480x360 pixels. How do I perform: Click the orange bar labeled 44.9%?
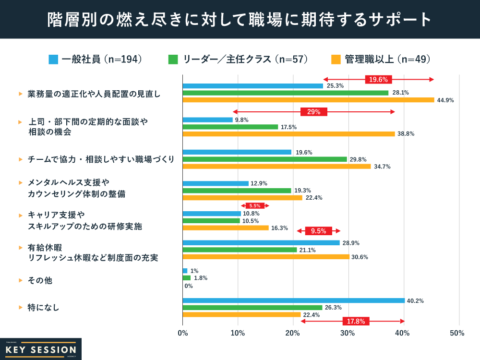(x=308, y=100)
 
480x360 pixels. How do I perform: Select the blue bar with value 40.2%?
(x=293, y=300)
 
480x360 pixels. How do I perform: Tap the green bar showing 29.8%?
(x=264, y=159)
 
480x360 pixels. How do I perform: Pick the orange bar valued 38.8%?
(x=288, y=134)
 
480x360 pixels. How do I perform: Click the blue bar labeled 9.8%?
(x=207, y=120)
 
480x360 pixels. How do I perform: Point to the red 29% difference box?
(x=314, y=112)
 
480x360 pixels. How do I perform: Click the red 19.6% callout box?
(x=379, y=80)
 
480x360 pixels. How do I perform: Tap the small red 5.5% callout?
(x=255, y=205)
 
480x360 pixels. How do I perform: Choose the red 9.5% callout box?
(x=318, y=231)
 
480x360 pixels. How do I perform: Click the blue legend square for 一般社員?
(x=53, y=60)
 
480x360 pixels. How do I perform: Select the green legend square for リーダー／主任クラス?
(x=173, y=60)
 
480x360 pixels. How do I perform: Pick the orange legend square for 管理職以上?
(x=336, y=60)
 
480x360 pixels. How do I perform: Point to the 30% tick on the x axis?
(x=348, y=333)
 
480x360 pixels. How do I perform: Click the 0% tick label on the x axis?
(x=182, y=333)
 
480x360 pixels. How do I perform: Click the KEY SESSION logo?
(x=40, y=349)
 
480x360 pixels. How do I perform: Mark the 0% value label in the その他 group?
(x=189, y=286)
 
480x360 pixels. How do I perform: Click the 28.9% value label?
(x=351, y=243)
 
